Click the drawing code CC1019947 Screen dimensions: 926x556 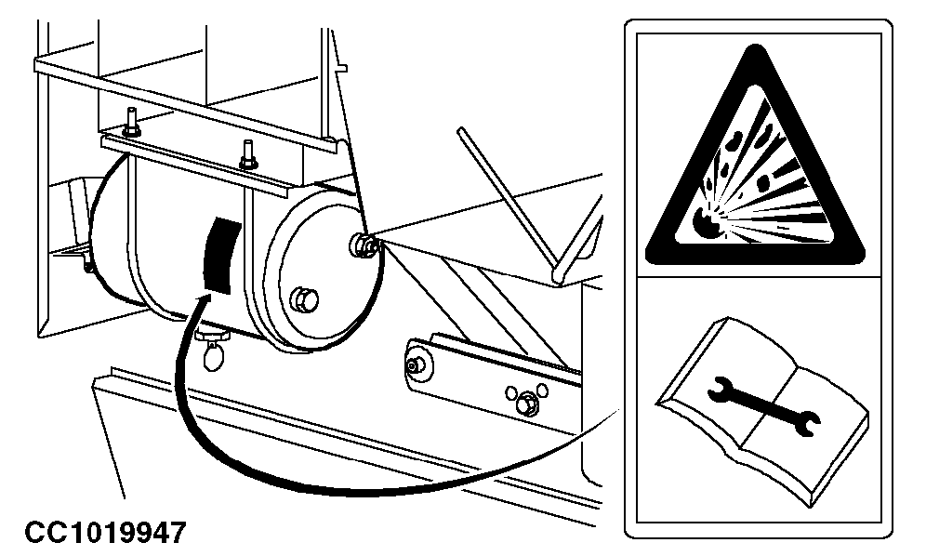[105, 532]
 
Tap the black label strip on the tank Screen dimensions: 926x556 [222, 256]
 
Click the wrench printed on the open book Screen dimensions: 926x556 [763, 406]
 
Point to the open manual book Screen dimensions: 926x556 [762, 412]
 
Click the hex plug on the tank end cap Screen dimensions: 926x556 [305, 300]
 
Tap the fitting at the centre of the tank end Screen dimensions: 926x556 [363, 245]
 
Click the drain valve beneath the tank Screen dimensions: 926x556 [213, 349]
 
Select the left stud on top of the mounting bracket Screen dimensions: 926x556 [132, 122]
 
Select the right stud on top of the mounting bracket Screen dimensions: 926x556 [248, 154]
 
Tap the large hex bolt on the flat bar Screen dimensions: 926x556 [523, 404]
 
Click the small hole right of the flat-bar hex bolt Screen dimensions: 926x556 [542, 391]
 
